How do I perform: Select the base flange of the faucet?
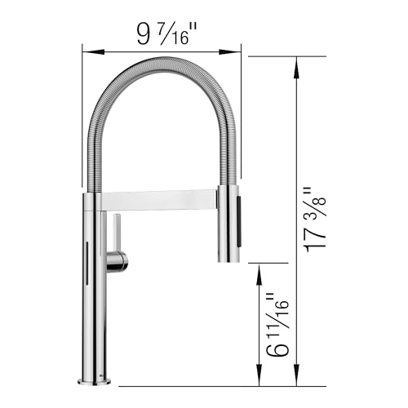pyautogui.click(x=95, y=379)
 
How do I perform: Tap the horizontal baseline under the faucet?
pyautogui.click(x=204, y=385)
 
